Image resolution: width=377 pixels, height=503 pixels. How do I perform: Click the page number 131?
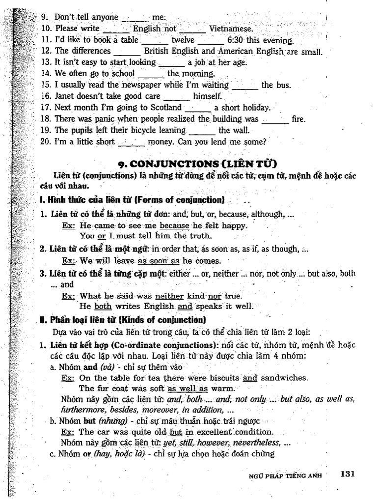pyautogui.click(x=347, y=474)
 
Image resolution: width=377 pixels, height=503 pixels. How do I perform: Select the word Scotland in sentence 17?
pyautogui.click(x=165, y=108)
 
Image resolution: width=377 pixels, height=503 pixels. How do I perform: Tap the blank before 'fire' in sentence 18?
pyautogui.click(x=275, y=119)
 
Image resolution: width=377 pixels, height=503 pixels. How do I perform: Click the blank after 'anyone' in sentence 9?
pyautogui.click(x=135, y=18)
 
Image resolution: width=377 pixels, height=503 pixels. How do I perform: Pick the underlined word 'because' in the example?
pyautogui.click(x=174, y=226)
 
